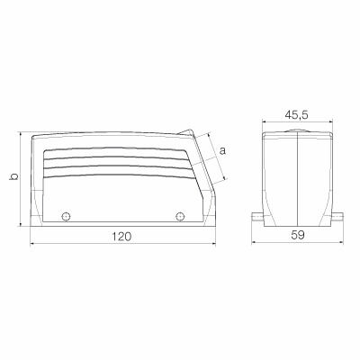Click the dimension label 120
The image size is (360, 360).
(122, 236)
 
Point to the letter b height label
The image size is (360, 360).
(13, 177)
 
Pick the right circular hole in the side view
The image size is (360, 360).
(180, 216)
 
